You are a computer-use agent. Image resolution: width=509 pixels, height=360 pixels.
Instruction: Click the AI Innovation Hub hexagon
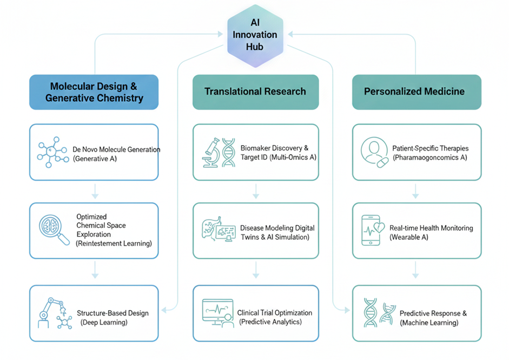(x=255, y=35)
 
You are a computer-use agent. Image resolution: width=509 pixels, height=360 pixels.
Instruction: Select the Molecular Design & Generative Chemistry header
(x=94, y=92)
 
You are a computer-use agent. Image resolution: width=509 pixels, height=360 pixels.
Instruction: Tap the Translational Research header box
(x=255, y=91)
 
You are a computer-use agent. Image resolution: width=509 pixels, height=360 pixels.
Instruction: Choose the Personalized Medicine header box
(x=414, y=91)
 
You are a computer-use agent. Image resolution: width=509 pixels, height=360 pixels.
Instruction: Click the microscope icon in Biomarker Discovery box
(x=211, y=152)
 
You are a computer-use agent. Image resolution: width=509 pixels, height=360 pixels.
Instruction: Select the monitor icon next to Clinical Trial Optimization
(x=217, y=313)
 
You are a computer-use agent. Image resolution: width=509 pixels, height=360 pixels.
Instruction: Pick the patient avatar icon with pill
(x=374, y=152)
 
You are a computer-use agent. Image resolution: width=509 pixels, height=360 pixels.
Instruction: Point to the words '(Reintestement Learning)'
(x=114, y=244)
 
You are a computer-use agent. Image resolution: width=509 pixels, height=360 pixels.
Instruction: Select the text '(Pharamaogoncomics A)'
(x=429, y=157)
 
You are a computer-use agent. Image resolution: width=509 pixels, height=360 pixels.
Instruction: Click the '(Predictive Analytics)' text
(x=270, y=322)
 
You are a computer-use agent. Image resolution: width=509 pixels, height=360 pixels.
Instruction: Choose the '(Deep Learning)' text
(x=104, y=322)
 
